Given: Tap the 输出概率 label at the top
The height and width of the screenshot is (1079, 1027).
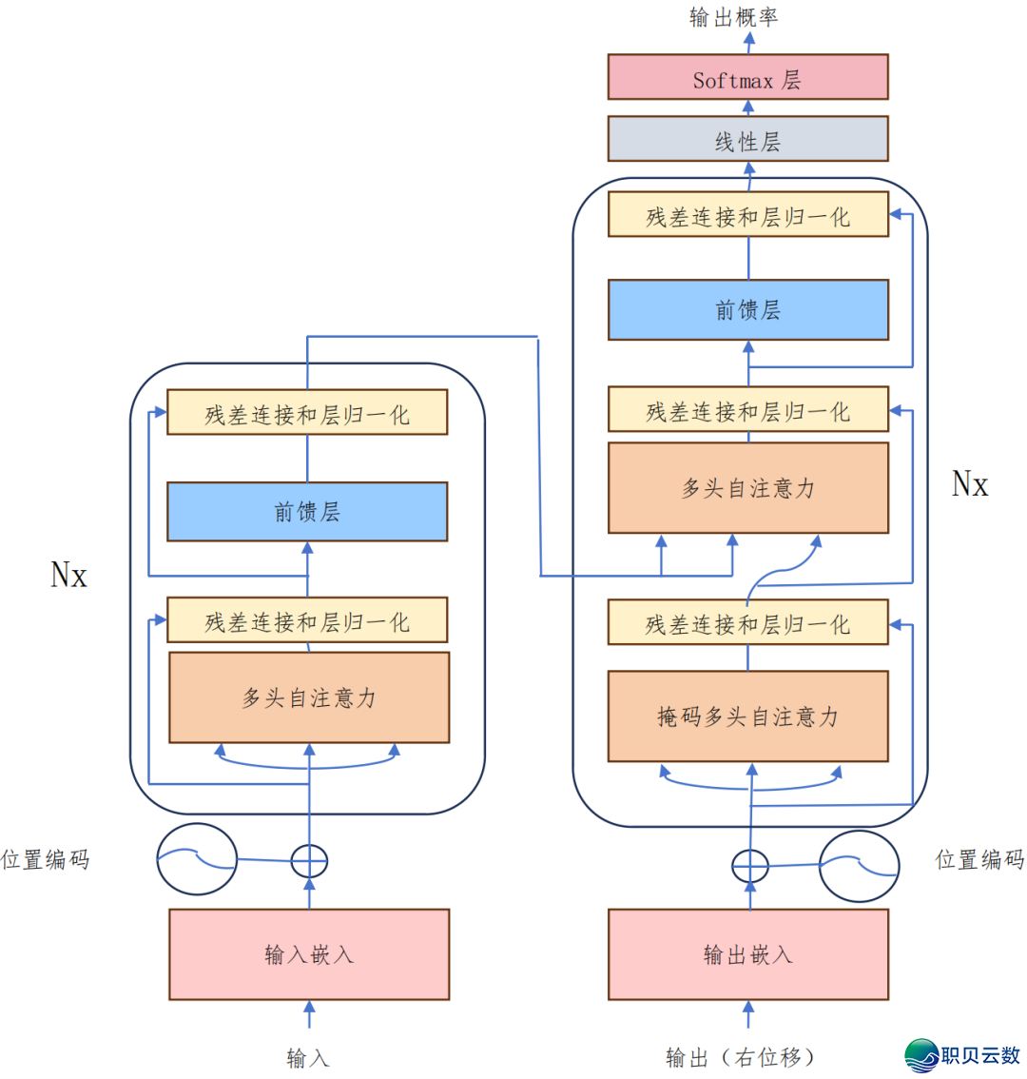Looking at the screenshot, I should coord(733,17).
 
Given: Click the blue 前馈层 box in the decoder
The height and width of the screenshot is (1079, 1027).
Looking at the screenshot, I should coord(747,310).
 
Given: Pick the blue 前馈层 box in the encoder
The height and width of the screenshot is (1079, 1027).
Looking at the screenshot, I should coord(307,512).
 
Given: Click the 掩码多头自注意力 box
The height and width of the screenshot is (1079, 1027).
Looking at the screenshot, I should coord(747,716).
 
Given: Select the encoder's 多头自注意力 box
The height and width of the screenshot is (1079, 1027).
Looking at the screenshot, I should coord(308,697).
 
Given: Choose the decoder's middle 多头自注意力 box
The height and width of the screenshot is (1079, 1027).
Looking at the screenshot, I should coord(747,488).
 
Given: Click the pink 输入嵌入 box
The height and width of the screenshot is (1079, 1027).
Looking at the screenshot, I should coord(308,954).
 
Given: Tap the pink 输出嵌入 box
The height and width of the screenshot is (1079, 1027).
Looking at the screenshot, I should coord(747,954).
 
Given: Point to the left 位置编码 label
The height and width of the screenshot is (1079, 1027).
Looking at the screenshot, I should coord(46,860).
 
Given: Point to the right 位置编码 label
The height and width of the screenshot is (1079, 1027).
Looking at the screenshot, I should coord(979,860).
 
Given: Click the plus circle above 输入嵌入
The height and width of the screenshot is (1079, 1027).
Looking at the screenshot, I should coord(308,861).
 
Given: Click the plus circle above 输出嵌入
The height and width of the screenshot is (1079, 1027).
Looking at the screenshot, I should coord(749,866).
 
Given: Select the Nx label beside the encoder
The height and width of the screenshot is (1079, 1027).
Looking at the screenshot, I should coord(68,575).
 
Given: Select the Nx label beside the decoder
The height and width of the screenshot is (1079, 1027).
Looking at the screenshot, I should coord(970,484).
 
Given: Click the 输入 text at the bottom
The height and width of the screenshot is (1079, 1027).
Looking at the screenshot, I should coord(307,1057).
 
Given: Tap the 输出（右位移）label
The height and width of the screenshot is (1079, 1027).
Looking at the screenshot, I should coord(741,1057).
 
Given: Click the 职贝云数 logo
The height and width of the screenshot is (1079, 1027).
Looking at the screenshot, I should coord(962,1054).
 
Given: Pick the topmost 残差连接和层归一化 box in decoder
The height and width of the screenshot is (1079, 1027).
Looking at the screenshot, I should coord(747,216).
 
